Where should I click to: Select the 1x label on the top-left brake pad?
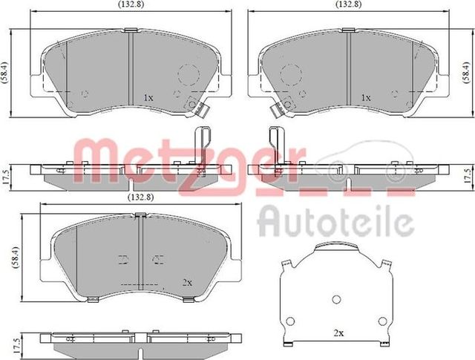coord(148,98)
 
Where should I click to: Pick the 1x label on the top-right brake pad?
coord(365,98)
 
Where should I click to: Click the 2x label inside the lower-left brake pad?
coord(187,282)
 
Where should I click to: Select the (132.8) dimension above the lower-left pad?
coord(124,197)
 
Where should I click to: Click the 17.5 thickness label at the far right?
coord(468,177)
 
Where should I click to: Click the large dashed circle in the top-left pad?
coord(188,74)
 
